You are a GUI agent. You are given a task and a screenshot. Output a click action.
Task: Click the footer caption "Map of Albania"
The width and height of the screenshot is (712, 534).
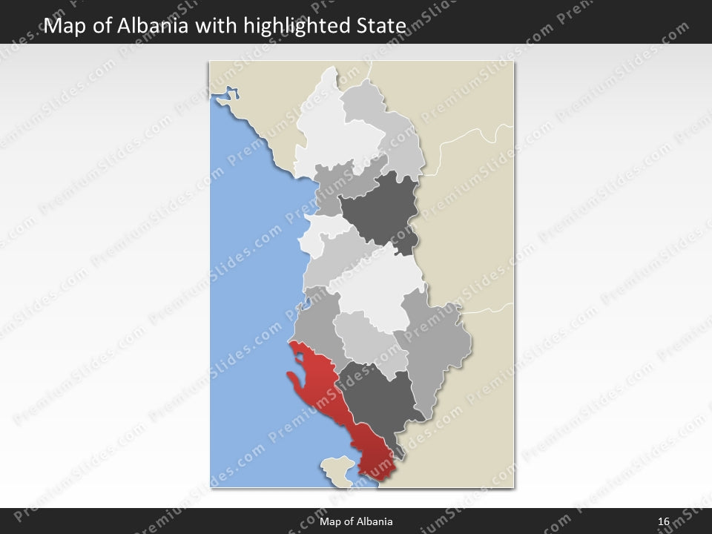[x=356, y=521]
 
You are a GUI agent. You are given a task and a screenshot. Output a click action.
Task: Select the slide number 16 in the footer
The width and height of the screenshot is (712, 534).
[x=664, y=521]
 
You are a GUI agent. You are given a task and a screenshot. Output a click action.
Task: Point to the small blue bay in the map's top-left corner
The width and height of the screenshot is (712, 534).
[x=231, y=95]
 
